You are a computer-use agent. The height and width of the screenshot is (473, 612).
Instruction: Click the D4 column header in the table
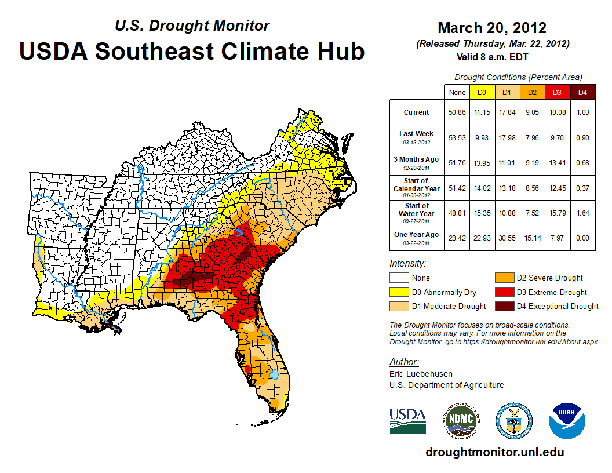pyautogui.click(x=582, y=92)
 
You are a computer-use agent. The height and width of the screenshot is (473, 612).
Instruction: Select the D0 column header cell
pyautogui.click(x=482, y=92)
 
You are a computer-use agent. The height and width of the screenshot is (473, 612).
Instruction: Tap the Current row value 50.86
pyautogui.click(x=457, y=112)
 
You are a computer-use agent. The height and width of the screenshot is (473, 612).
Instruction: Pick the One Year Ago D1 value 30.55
pyautogui.click(x=507, y=236)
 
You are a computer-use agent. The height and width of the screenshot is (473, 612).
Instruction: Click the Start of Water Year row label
pyautogui.click(x=417, y=209)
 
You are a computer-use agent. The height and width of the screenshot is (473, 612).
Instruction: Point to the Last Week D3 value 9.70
pyautogui.click(x=556, y=137)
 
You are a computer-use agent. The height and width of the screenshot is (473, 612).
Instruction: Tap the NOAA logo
pyautogui.click(x=567, y=421)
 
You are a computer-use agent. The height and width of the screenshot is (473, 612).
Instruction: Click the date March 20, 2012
pyautogui.click(x=492, y=28)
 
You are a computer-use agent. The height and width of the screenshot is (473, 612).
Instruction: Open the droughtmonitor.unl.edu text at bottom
pyautogui.click(x=494, y=452)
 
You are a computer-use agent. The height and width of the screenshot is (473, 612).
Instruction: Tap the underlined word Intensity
pyautogui.click(x=407, y=264)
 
